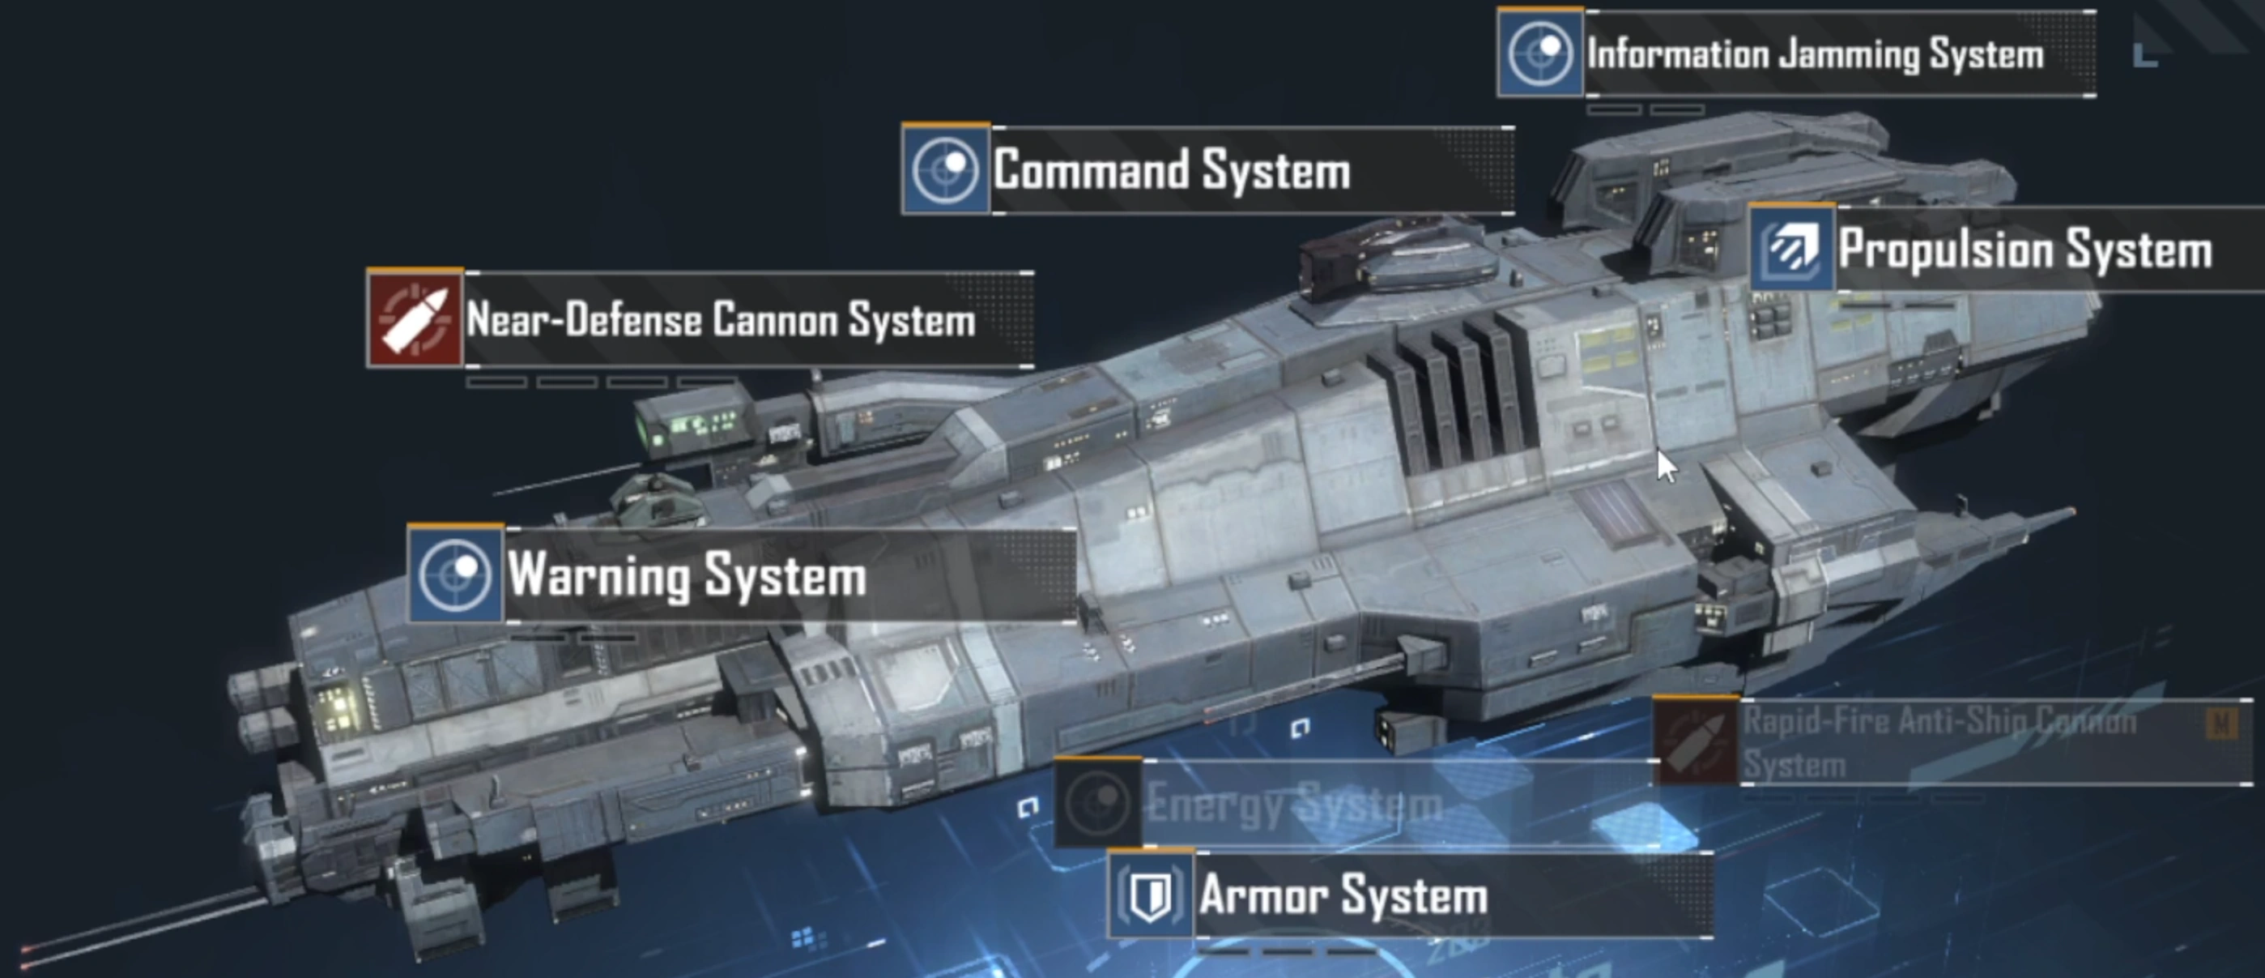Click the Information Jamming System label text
coord(1815,54)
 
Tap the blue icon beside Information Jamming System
coord(1539,53)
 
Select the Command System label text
coord(1171,169)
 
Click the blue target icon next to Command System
coord(945,169)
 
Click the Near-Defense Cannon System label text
coord(721,319)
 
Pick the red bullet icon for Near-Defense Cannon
coord(414,318)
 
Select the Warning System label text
coord(687,576)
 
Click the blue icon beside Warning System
coord(454,574)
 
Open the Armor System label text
coord(1343,895)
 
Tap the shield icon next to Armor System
coord(1150,895)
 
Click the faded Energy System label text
coord(1294,804)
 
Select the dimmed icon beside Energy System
coord(1097,802)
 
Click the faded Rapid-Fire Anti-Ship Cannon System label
coord(1939,742)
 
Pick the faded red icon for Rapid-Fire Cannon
coord(1695,741)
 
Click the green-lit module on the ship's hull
coord(694,425)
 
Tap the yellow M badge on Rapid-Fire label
coord(2222,724)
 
